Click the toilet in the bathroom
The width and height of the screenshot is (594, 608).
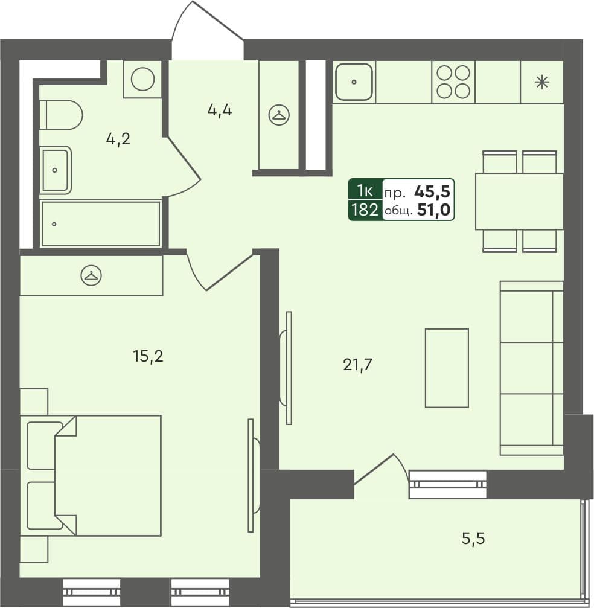pyautogui.click(x=62, y=115)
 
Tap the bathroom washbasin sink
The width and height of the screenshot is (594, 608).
pyautogui.click(x=56, y=170)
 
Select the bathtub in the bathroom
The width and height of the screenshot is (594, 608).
pyautogui.click(x=101, y=224)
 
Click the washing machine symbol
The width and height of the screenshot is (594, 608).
pyautogui.click(x=142, y=78)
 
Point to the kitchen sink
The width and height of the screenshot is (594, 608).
pyautogui.click(x=354, y=82)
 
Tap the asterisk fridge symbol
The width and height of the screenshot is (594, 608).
pyautogui.click(x=542, y=82)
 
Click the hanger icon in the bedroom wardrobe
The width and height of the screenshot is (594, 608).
pyautogui.click(x=91, y=275)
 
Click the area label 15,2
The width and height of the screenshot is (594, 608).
pyautogui.click(x=148, y=356)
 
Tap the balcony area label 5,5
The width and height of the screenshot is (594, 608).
pyautogui.click(x=473, y=537)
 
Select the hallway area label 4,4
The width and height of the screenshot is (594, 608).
pyautogui.click(x=220, y=110)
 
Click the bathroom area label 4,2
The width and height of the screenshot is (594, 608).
pyautogui.click(x=118, y=139)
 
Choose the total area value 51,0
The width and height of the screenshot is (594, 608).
pyautogui.click(x=433, y=210)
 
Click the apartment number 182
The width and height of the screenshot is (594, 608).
pyautogui.click(x=365, y=210)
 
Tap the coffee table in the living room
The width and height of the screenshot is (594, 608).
pyautogui.click(x=447, y=368)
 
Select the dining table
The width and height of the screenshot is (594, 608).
pyautogui.click(x=519, y=201)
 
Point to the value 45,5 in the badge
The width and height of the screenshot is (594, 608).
pyautogui.click(x=432, y=192)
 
